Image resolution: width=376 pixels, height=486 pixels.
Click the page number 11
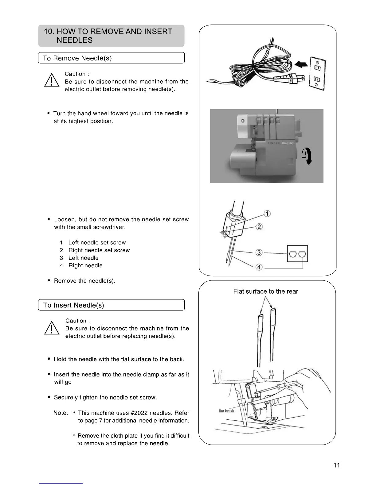point(336,465)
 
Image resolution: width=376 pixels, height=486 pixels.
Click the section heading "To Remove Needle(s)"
point(77,58)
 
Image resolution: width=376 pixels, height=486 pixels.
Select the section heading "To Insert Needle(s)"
point(74,305)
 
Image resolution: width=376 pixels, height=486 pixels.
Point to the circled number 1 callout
point(267,214)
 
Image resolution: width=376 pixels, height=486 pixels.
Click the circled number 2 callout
point(259,227)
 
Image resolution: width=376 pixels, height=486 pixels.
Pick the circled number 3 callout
point(259,253)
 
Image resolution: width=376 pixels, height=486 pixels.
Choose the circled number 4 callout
point(259,267)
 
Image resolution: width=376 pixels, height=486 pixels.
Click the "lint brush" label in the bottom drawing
point(226,411)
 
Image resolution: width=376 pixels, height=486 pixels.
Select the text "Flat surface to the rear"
point(265,291)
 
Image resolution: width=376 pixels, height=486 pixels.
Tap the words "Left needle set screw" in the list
point(97,243)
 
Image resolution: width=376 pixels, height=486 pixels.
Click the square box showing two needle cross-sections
point(297,254)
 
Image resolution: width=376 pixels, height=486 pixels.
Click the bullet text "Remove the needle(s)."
point(84,281)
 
